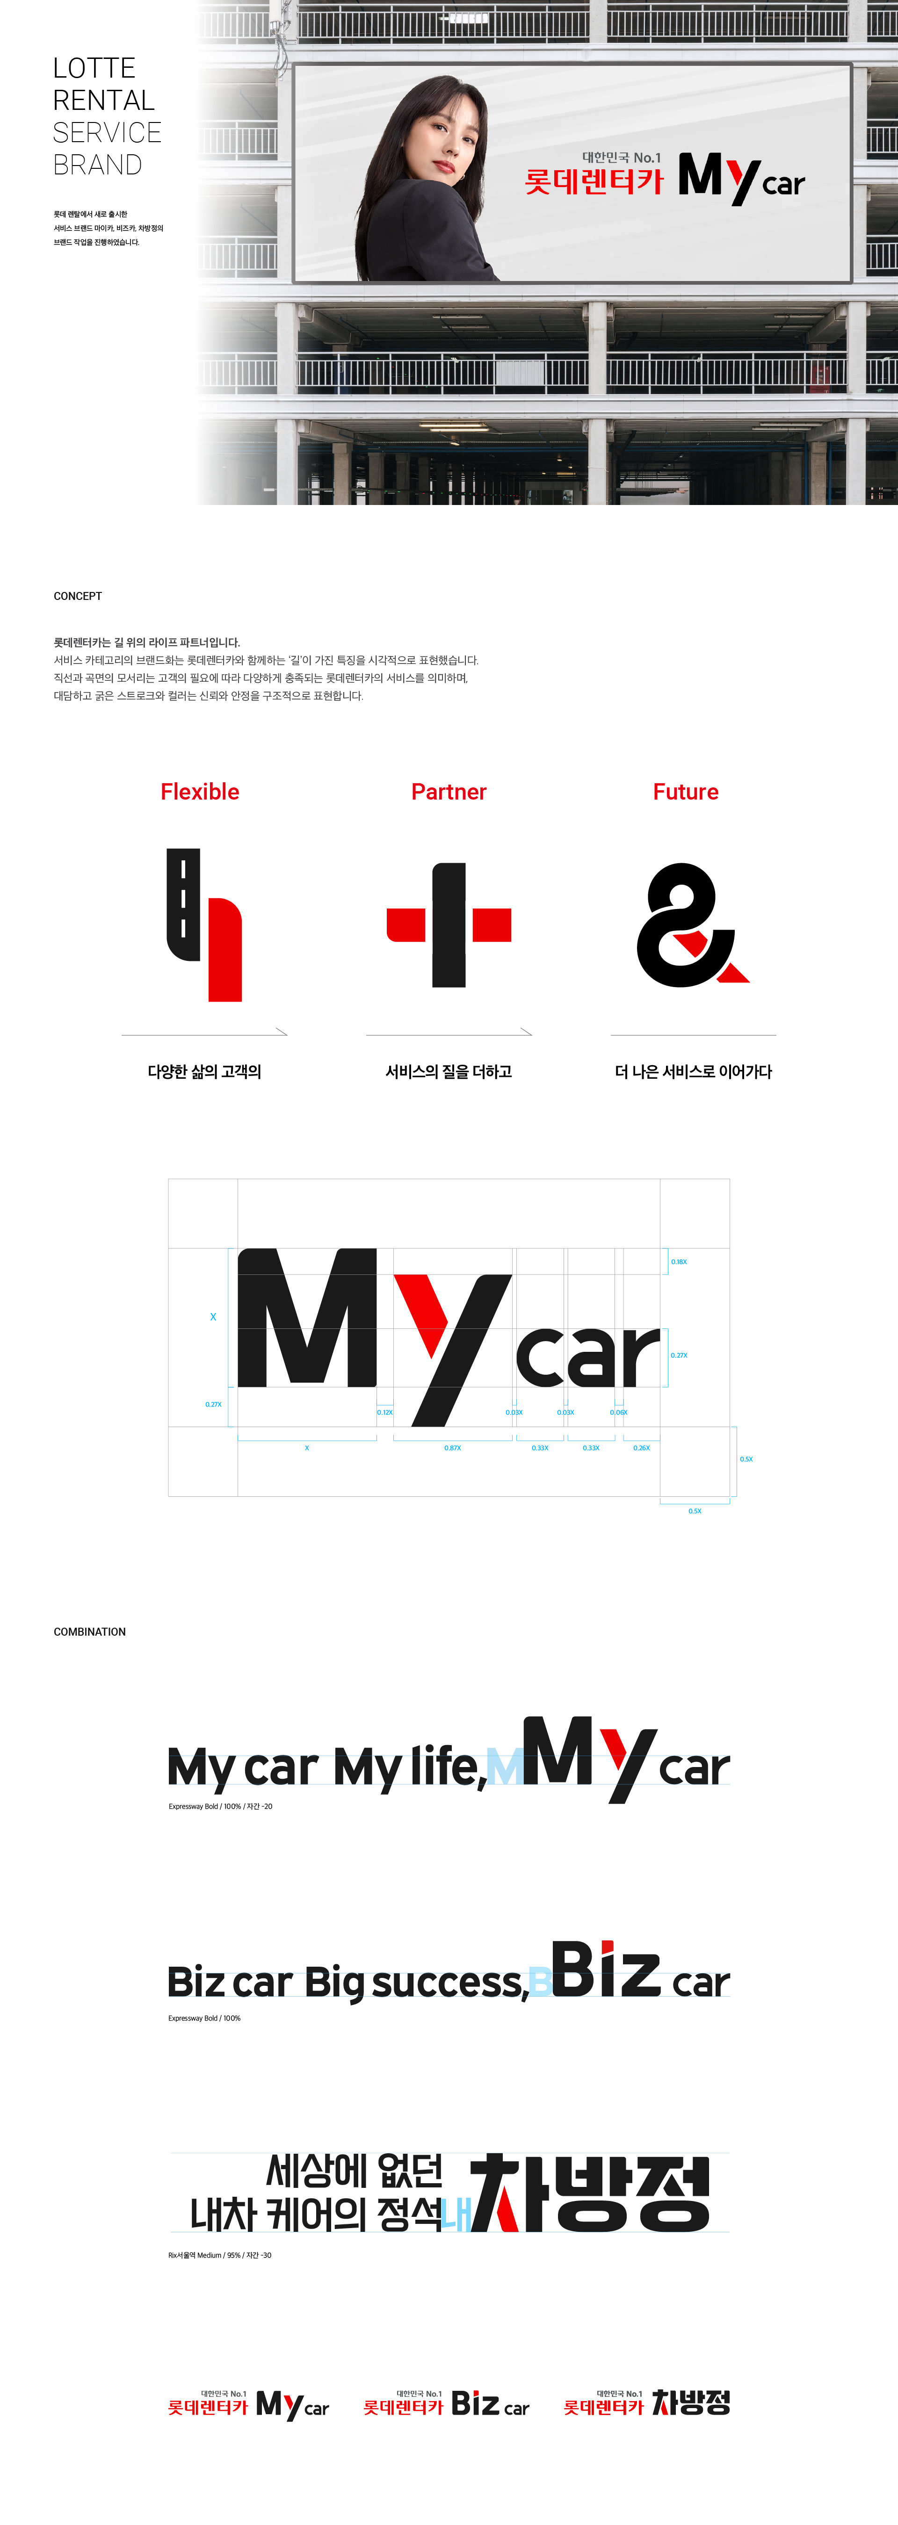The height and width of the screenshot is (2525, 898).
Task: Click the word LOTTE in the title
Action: tap(94, 69)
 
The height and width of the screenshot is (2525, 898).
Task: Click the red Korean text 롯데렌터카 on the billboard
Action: tap(593, 181)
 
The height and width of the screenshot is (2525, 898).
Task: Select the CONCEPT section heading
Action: tap(78, 596)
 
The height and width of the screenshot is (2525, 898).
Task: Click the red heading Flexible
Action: tap(200, 792)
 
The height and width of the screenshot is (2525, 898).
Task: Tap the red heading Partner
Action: tap(449, 792)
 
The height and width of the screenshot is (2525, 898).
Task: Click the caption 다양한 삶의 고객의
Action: tap(204, 1071)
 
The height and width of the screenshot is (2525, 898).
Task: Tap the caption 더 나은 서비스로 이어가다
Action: tap(693, 1071)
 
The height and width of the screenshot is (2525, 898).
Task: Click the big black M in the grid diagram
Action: tap(307, 1318)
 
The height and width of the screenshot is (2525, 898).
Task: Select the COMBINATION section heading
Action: tap(89, 1632)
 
